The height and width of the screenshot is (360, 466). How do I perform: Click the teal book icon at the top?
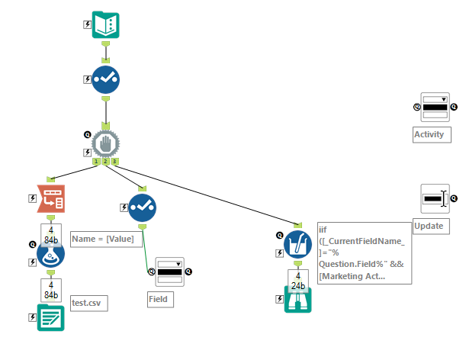(105, 24)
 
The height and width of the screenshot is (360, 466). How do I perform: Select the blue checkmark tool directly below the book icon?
(105, 79)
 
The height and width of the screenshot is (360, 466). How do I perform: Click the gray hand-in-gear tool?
(105, 141)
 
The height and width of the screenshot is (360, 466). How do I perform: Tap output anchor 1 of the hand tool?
(96, 162)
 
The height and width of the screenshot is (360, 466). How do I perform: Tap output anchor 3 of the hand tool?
(115, 162)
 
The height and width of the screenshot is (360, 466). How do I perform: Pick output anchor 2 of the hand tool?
(105, 162)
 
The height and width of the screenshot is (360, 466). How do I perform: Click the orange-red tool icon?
(50, 198)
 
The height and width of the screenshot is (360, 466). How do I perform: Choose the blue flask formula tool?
(50, 253)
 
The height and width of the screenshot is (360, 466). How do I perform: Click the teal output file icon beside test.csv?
(50, 317)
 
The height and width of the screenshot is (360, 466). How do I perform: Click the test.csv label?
(88, 303)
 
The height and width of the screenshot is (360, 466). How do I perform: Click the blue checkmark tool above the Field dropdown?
(142, 207)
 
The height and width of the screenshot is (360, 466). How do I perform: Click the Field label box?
(160, 299)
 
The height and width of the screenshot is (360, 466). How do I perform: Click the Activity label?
(431, 135)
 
